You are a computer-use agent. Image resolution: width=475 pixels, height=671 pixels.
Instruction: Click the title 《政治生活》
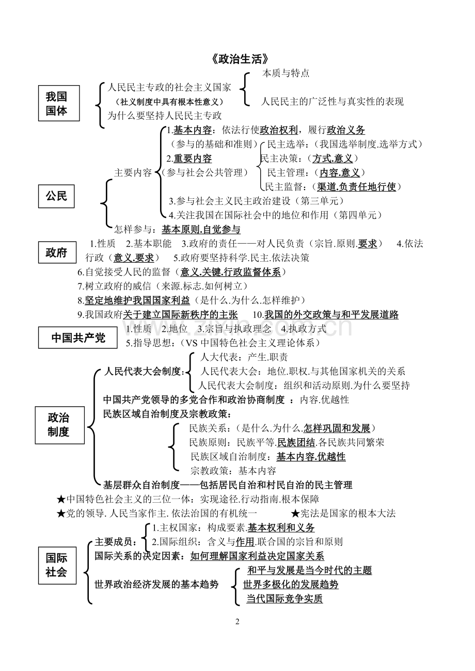pyautogui.click(x=240, y=59)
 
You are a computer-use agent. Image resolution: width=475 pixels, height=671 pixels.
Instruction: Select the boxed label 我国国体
pyautogui.click(x=59, y=103)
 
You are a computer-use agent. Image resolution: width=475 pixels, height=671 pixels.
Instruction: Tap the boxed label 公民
pyautogui.click(x=56, y=196)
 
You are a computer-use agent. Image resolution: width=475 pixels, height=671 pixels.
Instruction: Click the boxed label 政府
pyautogui.click(x=57, y=252)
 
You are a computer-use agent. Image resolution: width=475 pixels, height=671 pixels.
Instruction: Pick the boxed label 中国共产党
pyautogui.click(x=77, y=338)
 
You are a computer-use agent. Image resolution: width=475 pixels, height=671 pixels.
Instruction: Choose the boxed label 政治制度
pyautogui.click(x=60, y=425)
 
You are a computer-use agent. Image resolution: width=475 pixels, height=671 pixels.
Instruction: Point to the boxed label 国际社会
pyautogui.click(x=57, y=566)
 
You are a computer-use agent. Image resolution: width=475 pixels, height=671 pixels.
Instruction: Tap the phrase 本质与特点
pyautogui.click(x=286, y=73)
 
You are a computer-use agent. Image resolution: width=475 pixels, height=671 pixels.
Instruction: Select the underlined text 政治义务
pyautogui.click(x=346, y=130)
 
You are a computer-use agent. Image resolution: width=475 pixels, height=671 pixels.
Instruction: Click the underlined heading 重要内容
pyautogui.click(x=193, y=158)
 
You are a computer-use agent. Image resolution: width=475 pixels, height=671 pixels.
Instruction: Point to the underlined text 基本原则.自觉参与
pyautogui.click(x=201, y=230)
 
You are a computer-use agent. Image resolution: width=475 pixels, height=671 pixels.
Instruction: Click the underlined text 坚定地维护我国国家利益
pyautogui.click(x=137, y=300)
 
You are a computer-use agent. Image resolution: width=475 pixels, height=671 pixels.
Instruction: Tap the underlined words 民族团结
pyautogui.click(x=296, y=442)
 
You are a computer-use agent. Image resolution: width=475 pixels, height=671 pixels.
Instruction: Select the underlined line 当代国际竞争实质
pyautogui.click(x=284, y=599)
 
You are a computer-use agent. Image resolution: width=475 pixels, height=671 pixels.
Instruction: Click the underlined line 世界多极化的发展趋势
pyautogui.click(x=290, y=584)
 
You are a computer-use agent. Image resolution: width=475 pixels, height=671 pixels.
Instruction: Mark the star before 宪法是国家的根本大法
pyautogui.click(x=295, y=514)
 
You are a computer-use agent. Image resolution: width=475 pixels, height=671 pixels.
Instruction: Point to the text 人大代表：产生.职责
pyautogui.click(x=244, y=357)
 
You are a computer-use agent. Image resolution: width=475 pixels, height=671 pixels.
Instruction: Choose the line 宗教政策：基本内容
pyautogui.click(x=233, y=471)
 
